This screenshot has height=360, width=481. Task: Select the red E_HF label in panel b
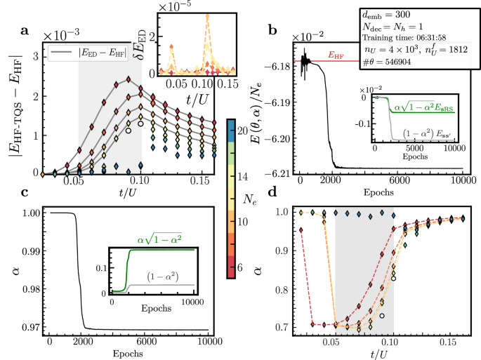pos(339,54)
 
